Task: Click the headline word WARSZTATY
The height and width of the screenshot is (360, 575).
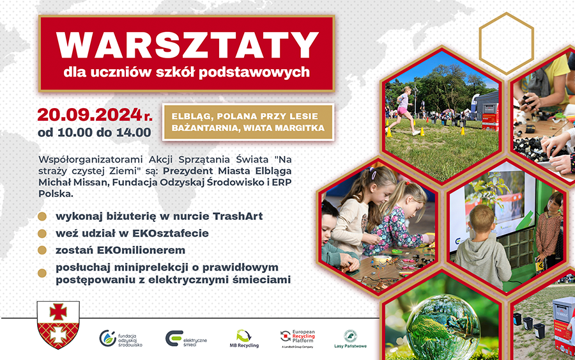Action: [x=187, y=45]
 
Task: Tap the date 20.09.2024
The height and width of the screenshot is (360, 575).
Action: [x=89, y=114]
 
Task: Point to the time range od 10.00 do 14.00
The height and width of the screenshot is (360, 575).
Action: [x=95, y=132]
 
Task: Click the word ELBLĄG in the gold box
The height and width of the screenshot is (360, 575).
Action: [x=190, y=116]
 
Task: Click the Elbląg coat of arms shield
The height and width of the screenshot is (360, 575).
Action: [x=58, y=325]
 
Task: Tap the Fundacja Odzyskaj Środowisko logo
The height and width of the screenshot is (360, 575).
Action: [x=121, y=339]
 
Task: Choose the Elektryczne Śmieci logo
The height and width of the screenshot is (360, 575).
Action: [x=186, y=339]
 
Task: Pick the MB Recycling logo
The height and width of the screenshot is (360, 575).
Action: [x=244, y=338]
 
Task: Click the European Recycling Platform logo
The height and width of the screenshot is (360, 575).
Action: [x=297, y=338]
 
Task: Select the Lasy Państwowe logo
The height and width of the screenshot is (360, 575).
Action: [x=350, y=339]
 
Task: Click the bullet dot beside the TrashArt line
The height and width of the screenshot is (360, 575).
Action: [x=42, y=217]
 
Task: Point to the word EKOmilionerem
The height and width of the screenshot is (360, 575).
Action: [x=141, y=250]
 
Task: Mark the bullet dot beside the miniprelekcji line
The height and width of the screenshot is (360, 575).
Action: [x=42, y=273]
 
